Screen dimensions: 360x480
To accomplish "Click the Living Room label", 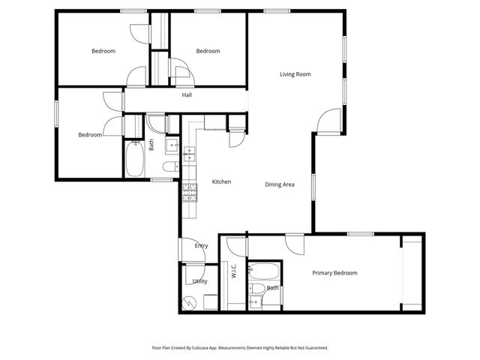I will tap(295, 74).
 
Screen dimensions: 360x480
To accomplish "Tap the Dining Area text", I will tap(279, 184).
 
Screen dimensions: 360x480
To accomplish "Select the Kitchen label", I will tap(220, 181).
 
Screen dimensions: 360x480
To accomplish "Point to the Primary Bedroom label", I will tap(334, 273).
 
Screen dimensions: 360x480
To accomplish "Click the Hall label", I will tap(187, 95).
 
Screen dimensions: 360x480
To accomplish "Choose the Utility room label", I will tap(199, 281).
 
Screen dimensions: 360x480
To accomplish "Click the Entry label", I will tap(201, 246).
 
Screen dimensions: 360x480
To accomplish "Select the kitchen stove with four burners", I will tap(189, 193).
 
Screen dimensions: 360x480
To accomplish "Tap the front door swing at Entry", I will tap(190, 250).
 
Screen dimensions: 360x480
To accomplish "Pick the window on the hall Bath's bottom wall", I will tap(161, 180).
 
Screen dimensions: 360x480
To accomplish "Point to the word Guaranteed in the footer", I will tap(313, 348).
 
